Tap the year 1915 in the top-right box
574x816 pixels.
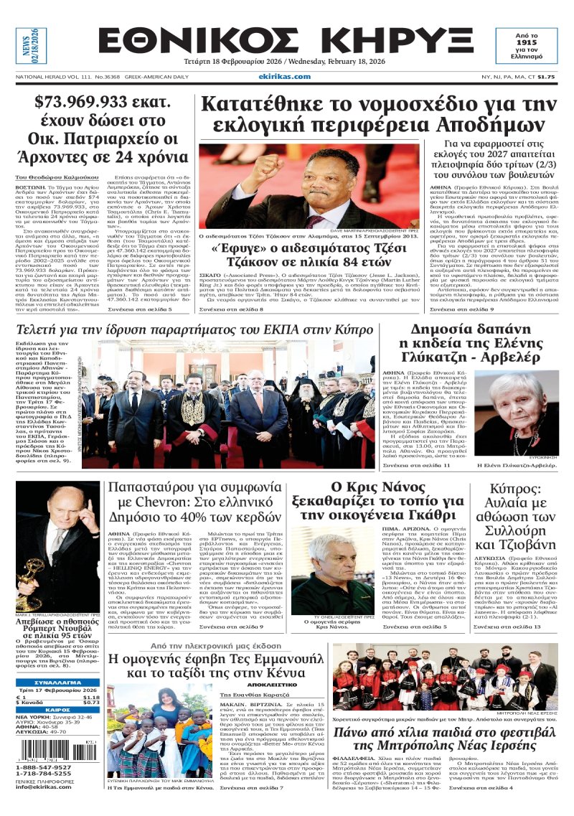[536, 43]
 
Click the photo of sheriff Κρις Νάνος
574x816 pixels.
[323, 571]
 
